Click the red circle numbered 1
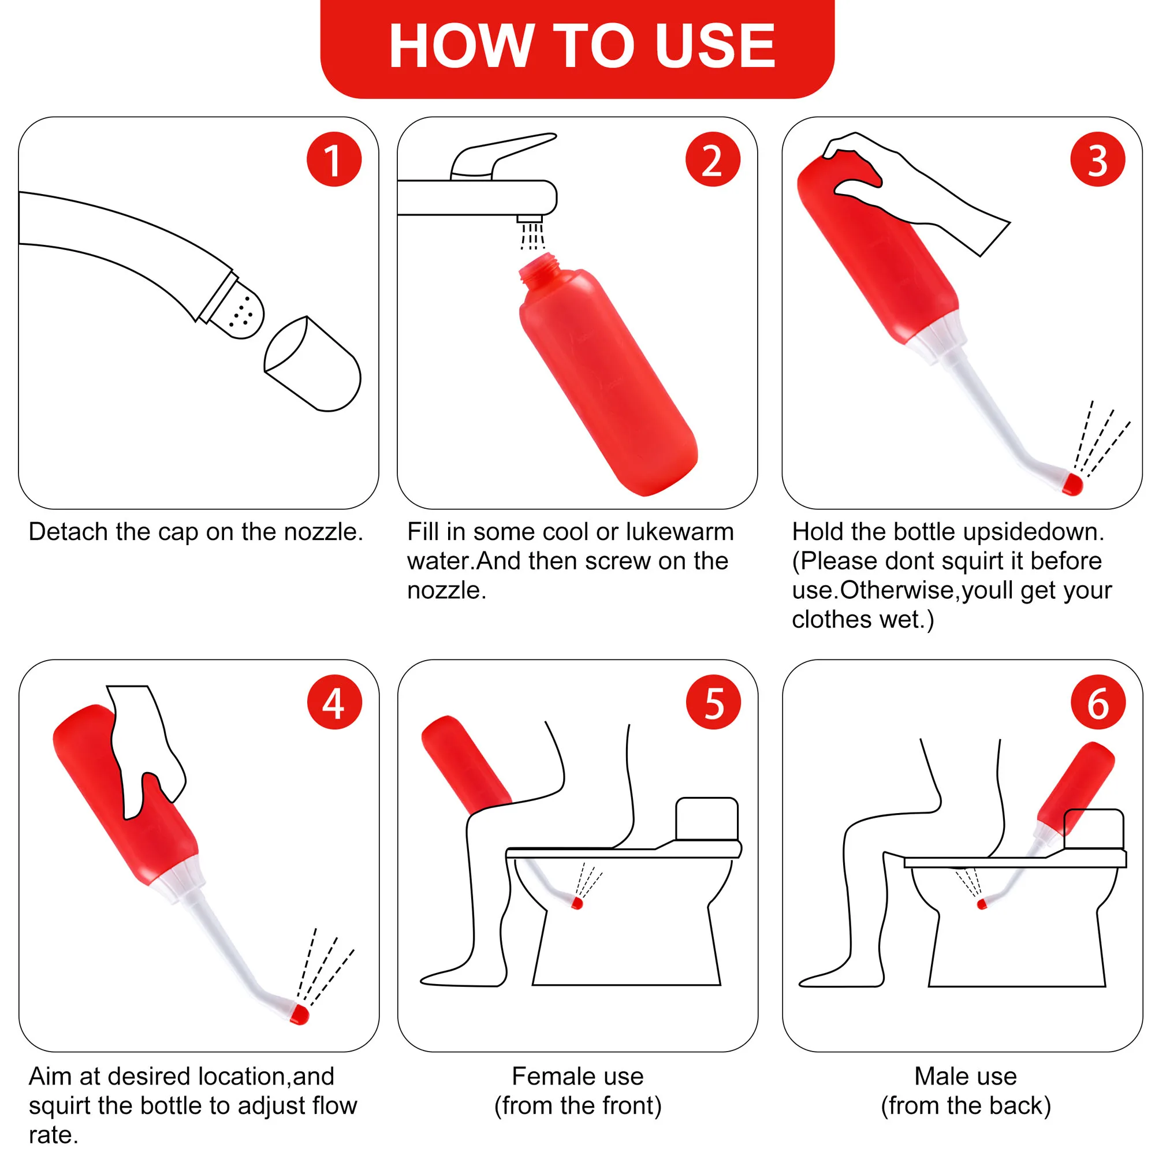tap(334, 159)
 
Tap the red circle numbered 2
tap(713, 159)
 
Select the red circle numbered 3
tap(1097, 159)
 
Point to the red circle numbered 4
tap(334, 702)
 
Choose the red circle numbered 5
tap(713, 702)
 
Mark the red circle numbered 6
tap(1098, 702)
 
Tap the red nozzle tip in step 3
tap(1072, 483)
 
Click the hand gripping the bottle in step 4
tap(143, 747)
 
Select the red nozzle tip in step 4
tap(299, 1014)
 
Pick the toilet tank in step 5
tap(707, 818)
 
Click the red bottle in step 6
tap(1076, 783)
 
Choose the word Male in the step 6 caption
tap(937, 1076)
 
